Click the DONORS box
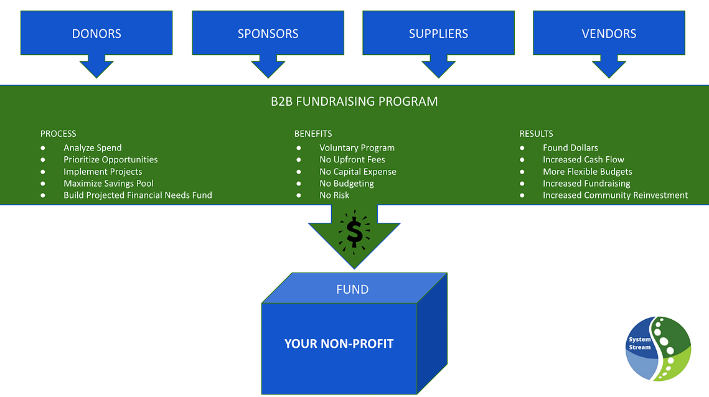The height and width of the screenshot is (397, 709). click(96, 33)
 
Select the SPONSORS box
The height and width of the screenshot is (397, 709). click(268, 33)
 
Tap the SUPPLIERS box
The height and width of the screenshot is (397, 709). click(438, 33)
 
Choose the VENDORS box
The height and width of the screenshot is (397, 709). click(609, 33)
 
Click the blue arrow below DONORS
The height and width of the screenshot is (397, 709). click(96, 66)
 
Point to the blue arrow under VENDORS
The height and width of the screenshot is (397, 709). click(609, 66)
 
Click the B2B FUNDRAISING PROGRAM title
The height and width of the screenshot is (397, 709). click(354, 101)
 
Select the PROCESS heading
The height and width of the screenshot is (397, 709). click(59, 134)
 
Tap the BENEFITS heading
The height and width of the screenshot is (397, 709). click(313, 134)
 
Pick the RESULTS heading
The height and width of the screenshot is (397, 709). click(537, 134)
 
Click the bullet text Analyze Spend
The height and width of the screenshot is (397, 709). click(93, 148)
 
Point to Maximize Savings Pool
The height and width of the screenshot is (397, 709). click(108, 184)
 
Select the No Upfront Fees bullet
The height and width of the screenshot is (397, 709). click(352, 160)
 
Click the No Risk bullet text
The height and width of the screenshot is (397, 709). click(334, 195)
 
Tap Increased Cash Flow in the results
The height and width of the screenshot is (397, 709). click(583, 160)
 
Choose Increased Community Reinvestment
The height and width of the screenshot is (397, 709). click(615, 195)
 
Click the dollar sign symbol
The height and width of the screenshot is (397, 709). click(354, 232)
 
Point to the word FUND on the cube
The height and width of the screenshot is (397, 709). click(352, 289)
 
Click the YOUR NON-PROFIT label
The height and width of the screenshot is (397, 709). click(339, 343)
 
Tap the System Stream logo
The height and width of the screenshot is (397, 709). click(658, 348)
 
